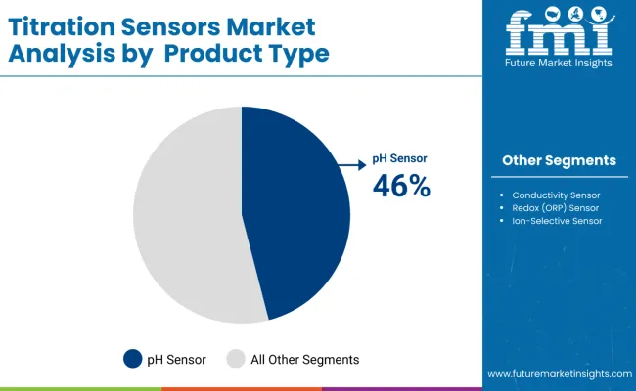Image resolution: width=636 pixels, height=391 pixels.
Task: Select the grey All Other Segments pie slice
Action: pyautogui.click(x=186, y=215)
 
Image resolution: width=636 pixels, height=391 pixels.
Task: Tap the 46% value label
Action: pyautogui.click(x=401, y=185)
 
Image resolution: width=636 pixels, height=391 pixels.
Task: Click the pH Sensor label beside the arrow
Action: pyautogui.click(x=400, y=158)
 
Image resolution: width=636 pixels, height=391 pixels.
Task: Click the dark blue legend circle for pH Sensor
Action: pyautogui.click(x=133, y=359)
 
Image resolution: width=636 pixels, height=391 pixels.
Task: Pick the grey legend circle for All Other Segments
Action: pyautogui.click(x=236, y=359)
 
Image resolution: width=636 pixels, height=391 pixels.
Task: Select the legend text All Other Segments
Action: pyautogui.click(x=304, y=359)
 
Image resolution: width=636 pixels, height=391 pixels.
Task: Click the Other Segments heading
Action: pyautogui.click(x=559, y=160)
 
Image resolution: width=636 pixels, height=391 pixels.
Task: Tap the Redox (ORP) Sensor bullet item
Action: pyautogui.click(x=555, y=208)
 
